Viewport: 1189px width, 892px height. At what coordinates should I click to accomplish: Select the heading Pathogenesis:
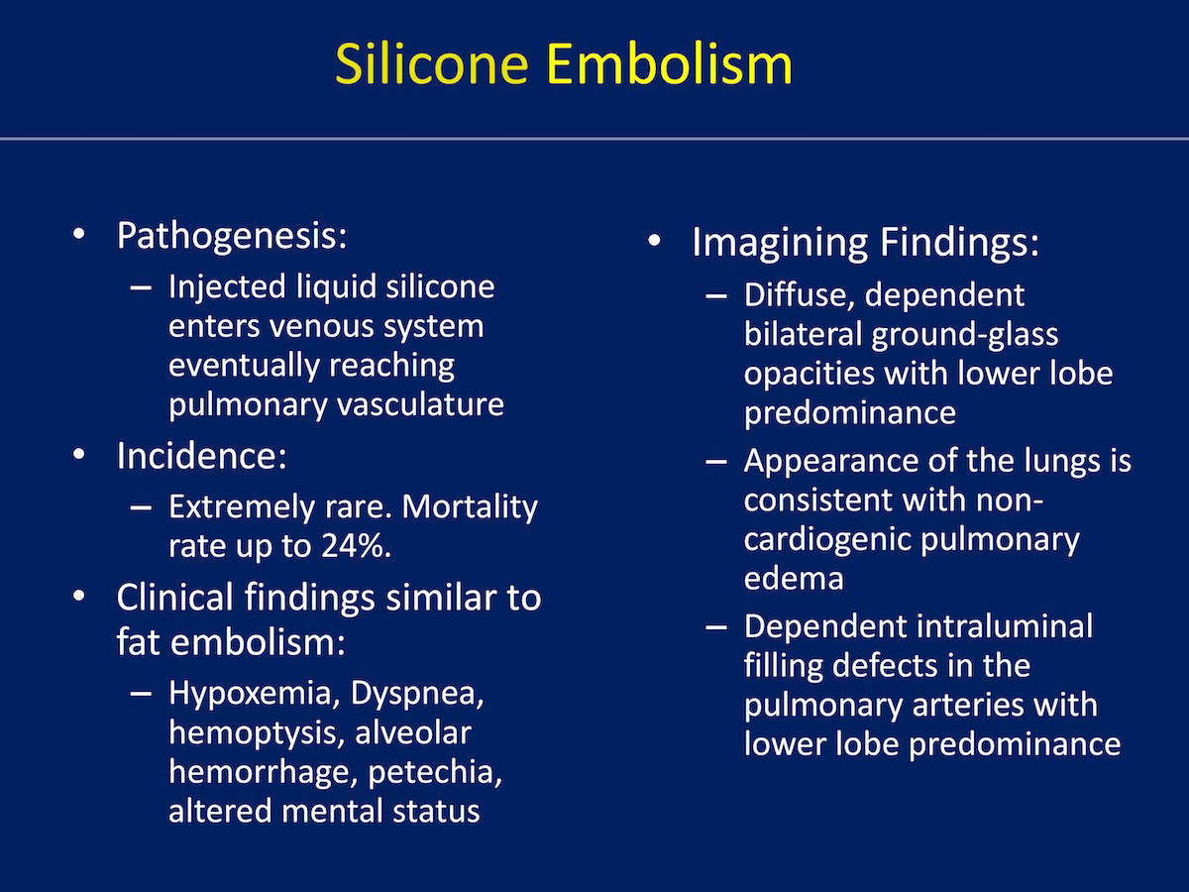click(x=232, y=237)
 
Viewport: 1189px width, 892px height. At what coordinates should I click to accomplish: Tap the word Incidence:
click(x=201, y=456)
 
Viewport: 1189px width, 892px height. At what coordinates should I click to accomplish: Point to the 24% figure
click(x=356, y=545)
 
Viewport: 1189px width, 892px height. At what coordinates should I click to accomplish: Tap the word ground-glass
click(x=965, y=335)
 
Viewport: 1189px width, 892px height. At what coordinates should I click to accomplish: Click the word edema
click(x=794, y=579)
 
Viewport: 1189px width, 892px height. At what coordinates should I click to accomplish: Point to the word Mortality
click(x=470, y=507)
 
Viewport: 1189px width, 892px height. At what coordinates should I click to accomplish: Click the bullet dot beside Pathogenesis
click(x=79, y=234)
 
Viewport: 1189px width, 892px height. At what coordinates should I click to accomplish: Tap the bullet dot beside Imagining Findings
click(x=654, y=240)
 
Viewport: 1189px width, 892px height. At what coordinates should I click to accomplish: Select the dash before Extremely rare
click(x=141, y=507)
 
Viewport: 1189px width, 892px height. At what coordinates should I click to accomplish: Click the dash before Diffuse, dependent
click(x=716, y=295)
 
